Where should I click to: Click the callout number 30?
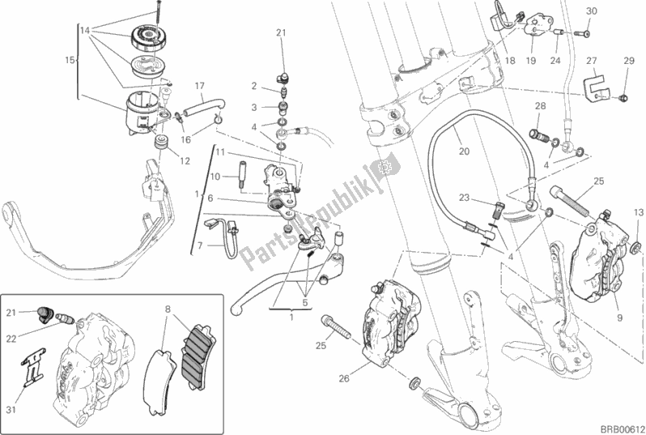click(590, 11)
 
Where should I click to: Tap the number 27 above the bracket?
click(592, 61)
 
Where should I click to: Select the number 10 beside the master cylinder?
click(216, 176)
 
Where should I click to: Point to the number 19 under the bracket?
click(531, 61)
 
